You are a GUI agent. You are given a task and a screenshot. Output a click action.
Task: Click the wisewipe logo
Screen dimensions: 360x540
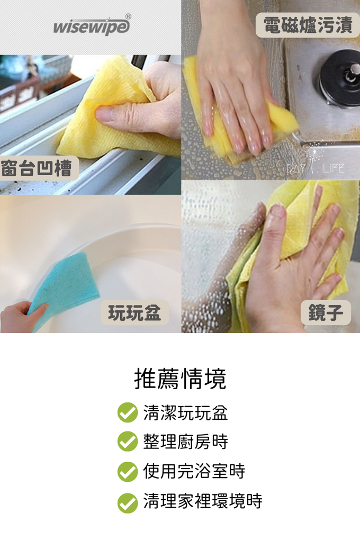click(x=92, y=25)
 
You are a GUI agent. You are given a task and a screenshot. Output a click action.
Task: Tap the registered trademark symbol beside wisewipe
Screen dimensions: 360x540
click(x=128, y=16)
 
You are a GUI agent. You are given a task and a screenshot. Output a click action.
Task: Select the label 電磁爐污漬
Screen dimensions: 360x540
click(x=308, y=25)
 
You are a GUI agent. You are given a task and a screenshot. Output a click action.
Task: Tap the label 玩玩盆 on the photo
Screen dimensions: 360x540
click(x=134, y=313)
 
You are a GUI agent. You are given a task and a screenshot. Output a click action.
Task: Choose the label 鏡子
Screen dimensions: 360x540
click(x=326, y=312)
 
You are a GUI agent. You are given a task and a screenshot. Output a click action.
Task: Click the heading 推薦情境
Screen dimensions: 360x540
click(x=180, y=379)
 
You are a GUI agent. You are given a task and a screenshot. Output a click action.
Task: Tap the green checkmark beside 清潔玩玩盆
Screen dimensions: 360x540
click(x=128, y=412)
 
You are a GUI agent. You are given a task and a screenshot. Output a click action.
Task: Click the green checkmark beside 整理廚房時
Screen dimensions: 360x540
click(x=128, y=442)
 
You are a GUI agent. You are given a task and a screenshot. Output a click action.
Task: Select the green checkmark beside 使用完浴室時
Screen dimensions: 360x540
click(x=128, y=472)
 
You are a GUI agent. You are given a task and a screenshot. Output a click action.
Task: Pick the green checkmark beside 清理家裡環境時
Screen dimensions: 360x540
click(x=128, y=503)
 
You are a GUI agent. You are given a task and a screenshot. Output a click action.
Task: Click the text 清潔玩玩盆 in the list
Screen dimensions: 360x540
click(x=185, y=412)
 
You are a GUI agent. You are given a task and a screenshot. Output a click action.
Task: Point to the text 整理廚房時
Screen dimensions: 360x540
click(x=185, y=442)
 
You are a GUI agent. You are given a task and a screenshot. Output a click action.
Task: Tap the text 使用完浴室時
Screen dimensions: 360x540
click(x=194, y=471)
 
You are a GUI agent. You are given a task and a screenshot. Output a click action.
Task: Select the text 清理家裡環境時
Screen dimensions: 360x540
click(x=203, y=501)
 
